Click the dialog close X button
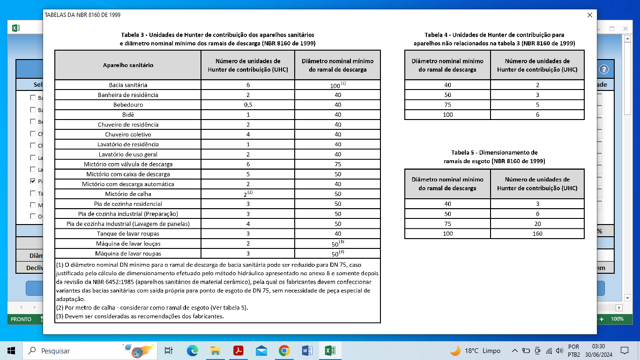click(x=589, y=15)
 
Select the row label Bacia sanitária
click(x=128, y=85)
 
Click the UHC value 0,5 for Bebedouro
click(x=248, y=105)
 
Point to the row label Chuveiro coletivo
click(x=128, y=135)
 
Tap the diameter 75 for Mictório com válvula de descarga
click(x=337, y=165)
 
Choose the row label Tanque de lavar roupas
click(x=128, y=234)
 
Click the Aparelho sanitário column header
click(x=128, y=65)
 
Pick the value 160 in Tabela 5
click(x=537, y=233)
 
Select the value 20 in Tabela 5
click(x=537, y=224)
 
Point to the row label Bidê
click(x=128, y=115)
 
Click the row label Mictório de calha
click(x=128, y=194)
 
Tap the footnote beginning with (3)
click(x=140, y=316)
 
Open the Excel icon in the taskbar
click(x=330, y=351)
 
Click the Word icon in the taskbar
click(x=307, y=351)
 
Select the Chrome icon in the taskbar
click(x=284, y=351)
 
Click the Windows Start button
click(x=11, y=351)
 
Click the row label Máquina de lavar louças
click(x=128, y=244)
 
